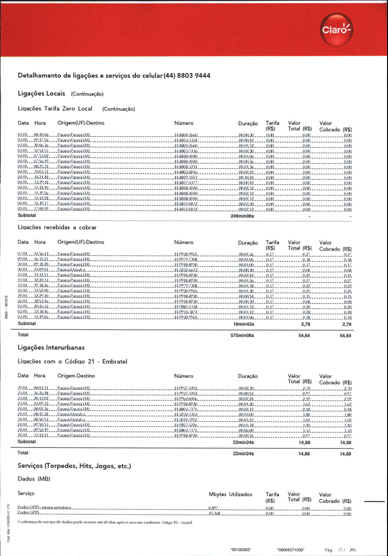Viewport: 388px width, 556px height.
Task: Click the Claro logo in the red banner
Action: (336, 30)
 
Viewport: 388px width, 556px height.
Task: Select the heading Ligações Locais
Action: (41, 93)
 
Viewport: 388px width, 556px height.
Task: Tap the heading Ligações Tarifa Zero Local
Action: (55, 109)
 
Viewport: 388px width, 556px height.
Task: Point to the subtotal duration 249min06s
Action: (242, 216)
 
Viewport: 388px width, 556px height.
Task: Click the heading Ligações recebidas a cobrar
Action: (57, 227)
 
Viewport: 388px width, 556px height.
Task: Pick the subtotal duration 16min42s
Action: (243, 324)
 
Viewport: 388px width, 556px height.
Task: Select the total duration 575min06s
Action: (242, 335)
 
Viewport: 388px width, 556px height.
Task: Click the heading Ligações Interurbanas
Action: (51, 348)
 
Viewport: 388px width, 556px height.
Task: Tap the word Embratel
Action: (115, 362)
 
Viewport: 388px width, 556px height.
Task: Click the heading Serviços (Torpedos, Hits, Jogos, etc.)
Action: (74, 466)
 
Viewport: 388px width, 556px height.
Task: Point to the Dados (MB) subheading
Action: (34, 479)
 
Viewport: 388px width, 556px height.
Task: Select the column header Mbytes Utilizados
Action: (230, 494)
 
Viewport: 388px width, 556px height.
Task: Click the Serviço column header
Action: (26, 493)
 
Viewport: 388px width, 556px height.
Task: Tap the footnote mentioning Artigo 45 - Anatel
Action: (105, 522)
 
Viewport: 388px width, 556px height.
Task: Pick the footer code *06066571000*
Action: (291, 550)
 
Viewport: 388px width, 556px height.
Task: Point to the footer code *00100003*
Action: (241, 550)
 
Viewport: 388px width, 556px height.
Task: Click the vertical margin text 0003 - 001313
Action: (6, 307)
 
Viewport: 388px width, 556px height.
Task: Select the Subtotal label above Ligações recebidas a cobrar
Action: (27, 216)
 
